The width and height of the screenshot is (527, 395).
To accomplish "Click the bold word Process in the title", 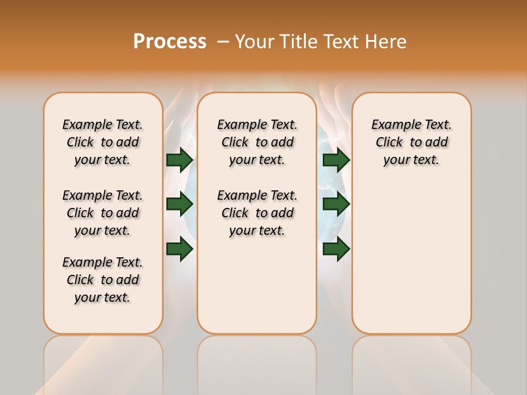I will pos(170,42).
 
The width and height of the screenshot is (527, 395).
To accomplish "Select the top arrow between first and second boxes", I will pos(180,160).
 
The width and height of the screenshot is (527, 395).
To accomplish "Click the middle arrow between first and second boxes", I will pos(180,204).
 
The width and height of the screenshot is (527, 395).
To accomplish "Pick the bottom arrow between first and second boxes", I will pos(180,249).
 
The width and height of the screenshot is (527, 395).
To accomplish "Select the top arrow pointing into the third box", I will pos(336,160).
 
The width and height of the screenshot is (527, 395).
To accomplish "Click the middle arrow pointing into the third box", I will pos(336,204).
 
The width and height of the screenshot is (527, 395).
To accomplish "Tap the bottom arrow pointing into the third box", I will pos(336,249).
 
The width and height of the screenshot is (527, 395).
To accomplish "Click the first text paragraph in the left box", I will pos(103,142).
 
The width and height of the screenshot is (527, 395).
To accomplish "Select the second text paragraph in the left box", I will pos(103,213).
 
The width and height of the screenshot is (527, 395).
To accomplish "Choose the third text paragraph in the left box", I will pos(103,280).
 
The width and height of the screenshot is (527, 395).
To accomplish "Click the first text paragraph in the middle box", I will pos(257,142).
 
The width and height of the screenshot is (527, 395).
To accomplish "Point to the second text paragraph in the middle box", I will pos(257,213).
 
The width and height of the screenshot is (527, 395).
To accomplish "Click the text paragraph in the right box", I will pos(411,142).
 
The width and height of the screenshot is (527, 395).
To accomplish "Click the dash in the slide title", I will pos(222,42).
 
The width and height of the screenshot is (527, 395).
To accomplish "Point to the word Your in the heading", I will pos(254,42).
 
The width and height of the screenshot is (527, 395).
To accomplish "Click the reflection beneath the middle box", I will pos(257,362).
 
